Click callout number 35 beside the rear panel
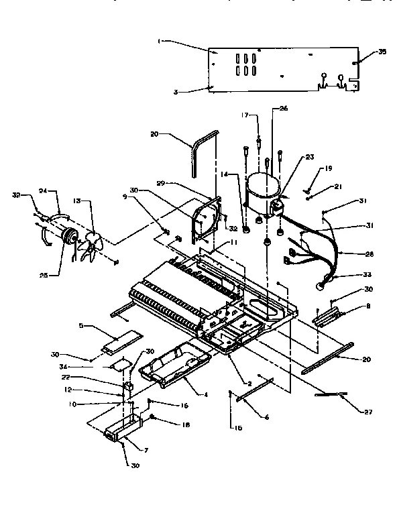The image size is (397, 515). [383, 52]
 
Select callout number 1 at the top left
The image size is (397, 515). [158, 41]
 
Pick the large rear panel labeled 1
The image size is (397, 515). [282, 67]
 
